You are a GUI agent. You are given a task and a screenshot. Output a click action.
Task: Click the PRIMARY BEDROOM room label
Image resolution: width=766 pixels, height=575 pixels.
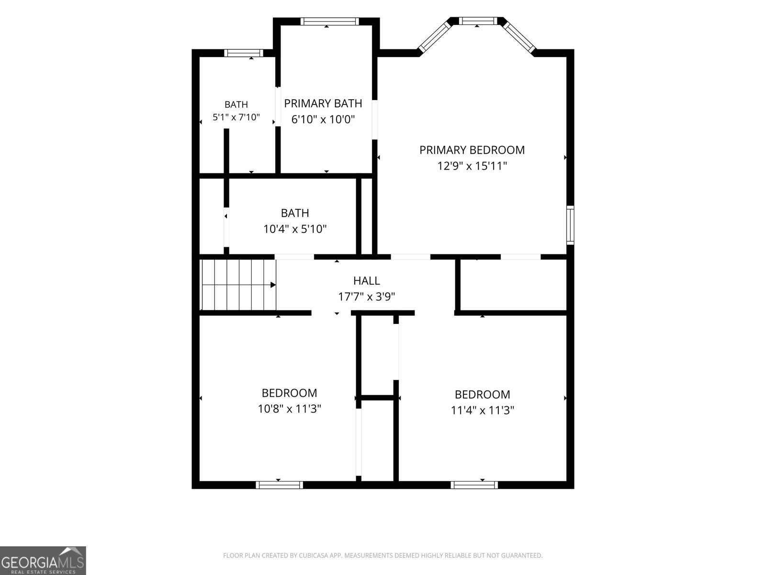(472, 150)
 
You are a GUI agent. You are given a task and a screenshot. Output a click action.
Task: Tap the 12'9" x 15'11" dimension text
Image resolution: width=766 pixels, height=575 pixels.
(472, 166)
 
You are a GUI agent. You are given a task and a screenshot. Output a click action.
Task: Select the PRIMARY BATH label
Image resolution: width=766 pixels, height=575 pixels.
(323, 103)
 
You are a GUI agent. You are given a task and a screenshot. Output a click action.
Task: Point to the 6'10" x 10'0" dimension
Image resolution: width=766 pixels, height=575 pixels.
(323, 119)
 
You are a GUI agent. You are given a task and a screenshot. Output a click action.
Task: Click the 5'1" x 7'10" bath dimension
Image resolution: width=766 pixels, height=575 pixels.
(236, 117)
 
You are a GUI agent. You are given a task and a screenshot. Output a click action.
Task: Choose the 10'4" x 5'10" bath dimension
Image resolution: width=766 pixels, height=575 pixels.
(295, 229)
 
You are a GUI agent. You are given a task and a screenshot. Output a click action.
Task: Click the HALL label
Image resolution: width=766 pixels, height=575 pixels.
(366, 281)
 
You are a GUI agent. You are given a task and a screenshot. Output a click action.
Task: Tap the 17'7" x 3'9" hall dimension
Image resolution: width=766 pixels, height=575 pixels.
(366, 297)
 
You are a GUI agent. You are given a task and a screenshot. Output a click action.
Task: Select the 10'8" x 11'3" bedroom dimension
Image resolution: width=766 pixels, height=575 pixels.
(289, 409)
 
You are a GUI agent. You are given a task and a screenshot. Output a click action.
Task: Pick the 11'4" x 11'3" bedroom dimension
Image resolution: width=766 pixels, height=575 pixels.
(482, 410)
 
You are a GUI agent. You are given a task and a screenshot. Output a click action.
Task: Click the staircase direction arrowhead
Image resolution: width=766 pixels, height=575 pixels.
(273, 285)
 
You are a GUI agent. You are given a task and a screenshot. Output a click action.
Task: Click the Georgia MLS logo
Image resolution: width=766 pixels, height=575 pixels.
(43, 560)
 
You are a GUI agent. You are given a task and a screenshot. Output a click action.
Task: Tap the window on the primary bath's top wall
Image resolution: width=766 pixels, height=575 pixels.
(330, 21)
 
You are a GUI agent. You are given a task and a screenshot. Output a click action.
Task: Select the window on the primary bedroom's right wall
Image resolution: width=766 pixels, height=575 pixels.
(570, 225)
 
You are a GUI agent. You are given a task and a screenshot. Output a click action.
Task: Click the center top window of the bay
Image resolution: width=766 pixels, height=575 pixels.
(478, 21)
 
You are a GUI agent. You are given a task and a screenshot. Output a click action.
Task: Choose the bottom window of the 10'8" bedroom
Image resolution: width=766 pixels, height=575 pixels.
(279, 485)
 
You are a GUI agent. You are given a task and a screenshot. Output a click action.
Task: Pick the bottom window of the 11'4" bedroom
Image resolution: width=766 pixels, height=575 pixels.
(474, 485)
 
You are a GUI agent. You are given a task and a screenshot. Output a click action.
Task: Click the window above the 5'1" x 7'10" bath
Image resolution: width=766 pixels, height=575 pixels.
(244, 53)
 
